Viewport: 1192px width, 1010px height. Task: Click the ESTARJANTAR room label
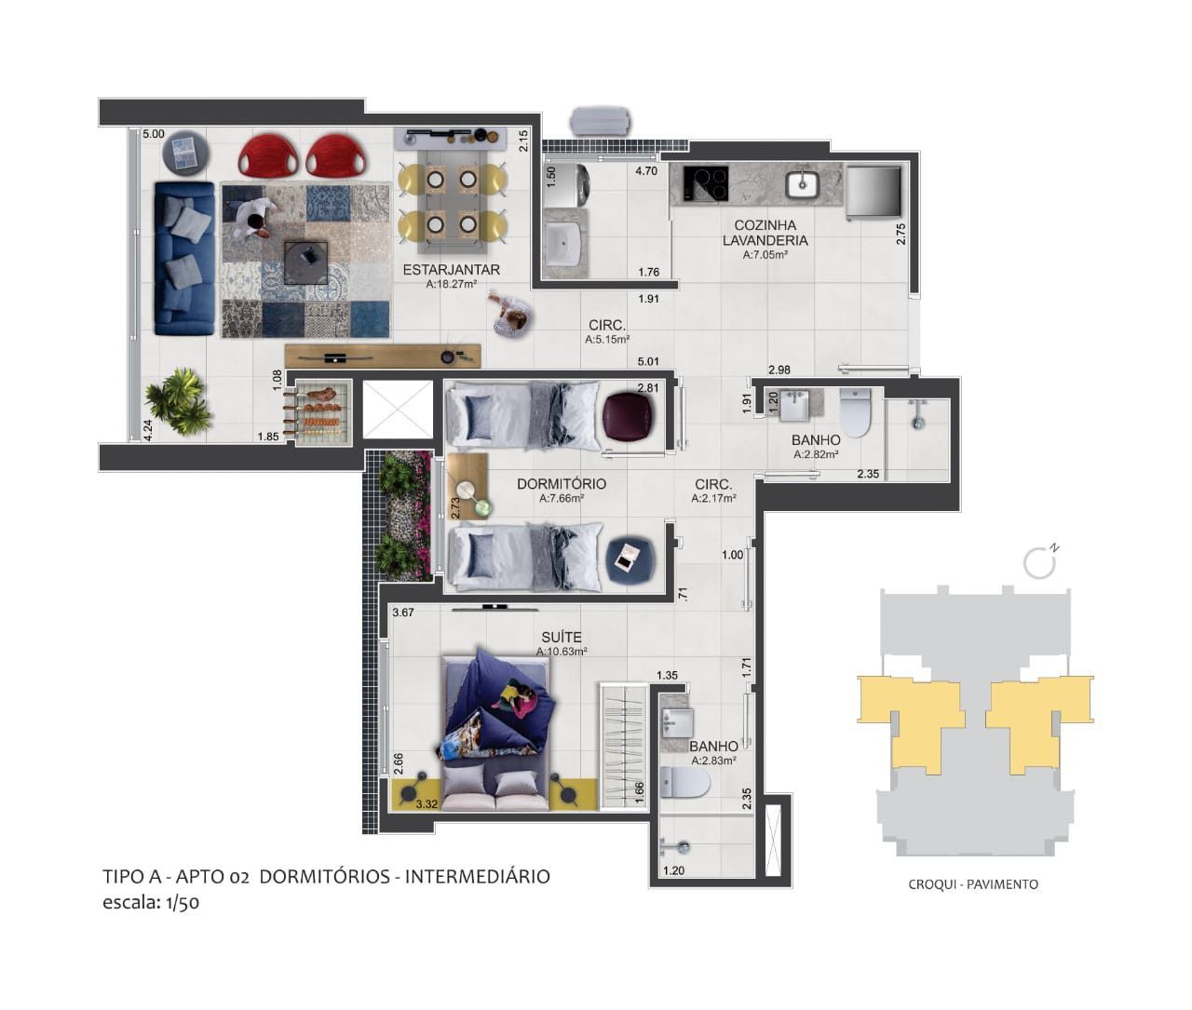pos(451,270)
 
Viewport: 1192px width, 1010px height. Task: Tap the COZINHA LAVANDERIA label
pos(765,233)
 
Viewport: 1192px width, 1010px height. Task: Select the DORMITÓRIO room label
pos(561,484)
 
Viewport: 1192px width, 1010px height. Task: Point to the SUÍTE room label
pos(561,638)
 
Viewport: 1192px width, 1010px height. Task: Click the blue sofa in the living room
pos(184,258)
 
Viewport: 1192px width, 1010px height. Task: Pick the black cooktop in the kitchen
pos(706,182)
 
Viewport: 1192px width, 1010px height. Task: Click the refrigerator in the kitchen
pos(873,192)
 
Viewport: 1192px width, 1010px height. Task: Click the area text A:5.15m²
pos(606,341)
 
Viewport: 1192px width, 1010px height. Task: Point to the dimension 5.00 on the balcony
pos(153,135)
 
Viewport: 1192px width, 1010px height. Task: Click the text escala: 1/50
pos(150,902)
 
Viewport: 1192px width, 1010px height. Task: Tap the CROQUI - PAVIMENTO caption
pos(972,884)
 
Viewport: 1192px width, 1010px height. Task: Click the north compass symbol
pos(1039,561)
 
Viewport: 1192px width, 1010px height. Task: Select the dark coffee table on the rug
pos(305,262)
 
